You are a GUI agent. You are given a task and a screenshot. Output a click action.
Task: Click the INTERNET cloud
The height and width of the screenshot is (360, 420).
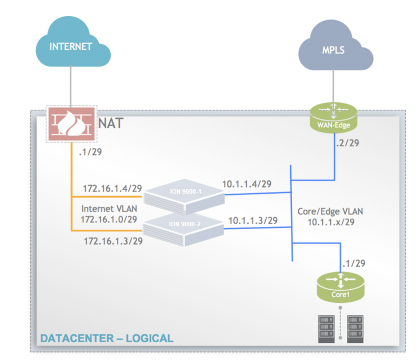(x=71, y=46)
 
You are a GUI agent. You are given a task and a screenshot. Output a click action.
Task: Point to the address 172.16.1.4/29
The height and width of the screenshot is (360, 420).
(x=112, y=188)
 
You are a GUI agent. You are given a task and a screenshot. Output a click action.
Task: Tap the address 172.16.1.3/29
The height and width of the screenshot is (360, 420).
(x=113, y=241)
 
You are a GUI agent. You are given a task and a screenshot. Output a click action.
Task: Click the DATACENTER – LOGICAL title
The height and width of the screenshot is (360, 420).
(x=106, y=338)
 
